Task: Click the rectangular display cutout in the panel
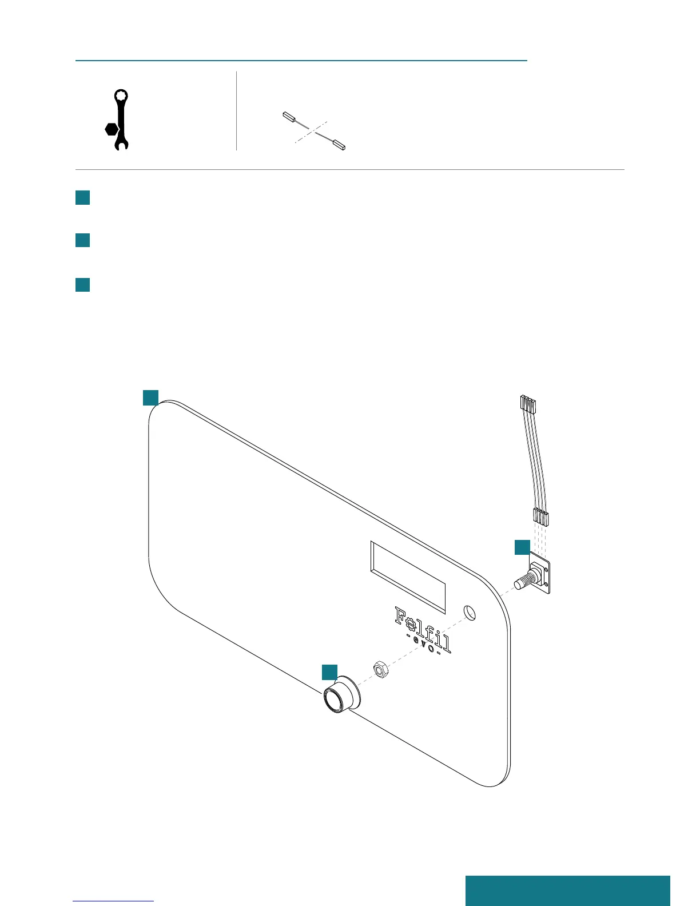(408, 576)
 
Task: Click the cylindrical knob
(341, 694)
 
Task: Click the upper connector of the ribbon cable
(527, 405)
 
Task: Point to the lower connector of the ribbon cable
(541, 517)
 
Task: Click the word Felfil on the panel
(423, 628)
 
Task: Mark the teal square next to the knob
(329, 672)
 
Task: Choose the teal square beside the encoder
(522, 546)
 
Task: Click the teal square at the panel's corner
(150, 398)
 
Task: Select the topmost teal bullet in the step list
(83, 197)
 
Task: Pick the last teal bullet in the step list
(83, 284)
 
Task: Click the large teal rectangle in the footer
(567, 890)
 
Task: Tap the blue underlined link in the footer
(114, 901)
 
